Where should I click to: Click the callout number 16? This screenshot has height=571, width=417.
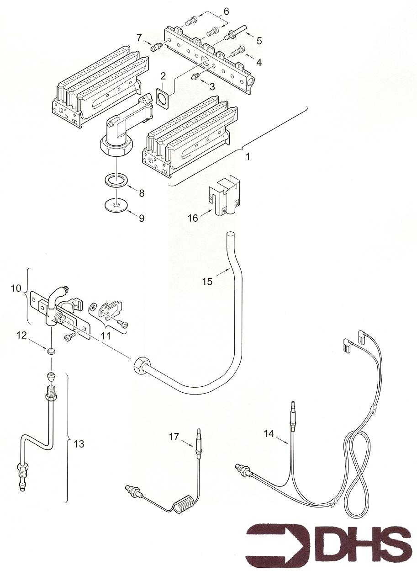[193, 218]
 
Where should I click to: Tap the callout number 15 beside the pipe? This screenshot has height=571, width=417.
[208, 281]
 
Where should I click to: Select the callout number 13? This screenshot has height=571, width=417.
[79, 443]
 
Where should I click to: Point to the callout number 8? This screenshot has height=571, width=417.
[142, 193]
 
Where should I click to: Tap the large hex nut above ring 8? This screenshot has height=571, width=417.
[117, 148]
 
